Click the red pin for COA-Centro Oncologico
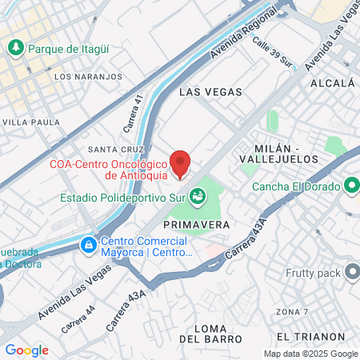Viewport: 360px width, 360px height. point(181,162)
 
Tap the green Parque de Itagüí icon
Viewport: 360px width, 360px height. point(16,48)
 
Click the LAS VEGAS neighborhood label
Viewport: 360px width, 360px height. point(210,92)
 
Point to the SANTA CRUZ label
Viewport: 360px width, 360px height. point(115,149)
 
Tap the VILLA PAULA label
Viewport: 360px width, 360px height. point(31,122)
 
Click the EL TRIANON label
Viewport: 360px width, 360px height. point(310,337)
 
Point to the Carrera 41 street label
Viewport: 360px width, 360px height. point(133,113)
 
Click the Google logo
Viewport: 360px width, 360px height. point(26,350)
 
